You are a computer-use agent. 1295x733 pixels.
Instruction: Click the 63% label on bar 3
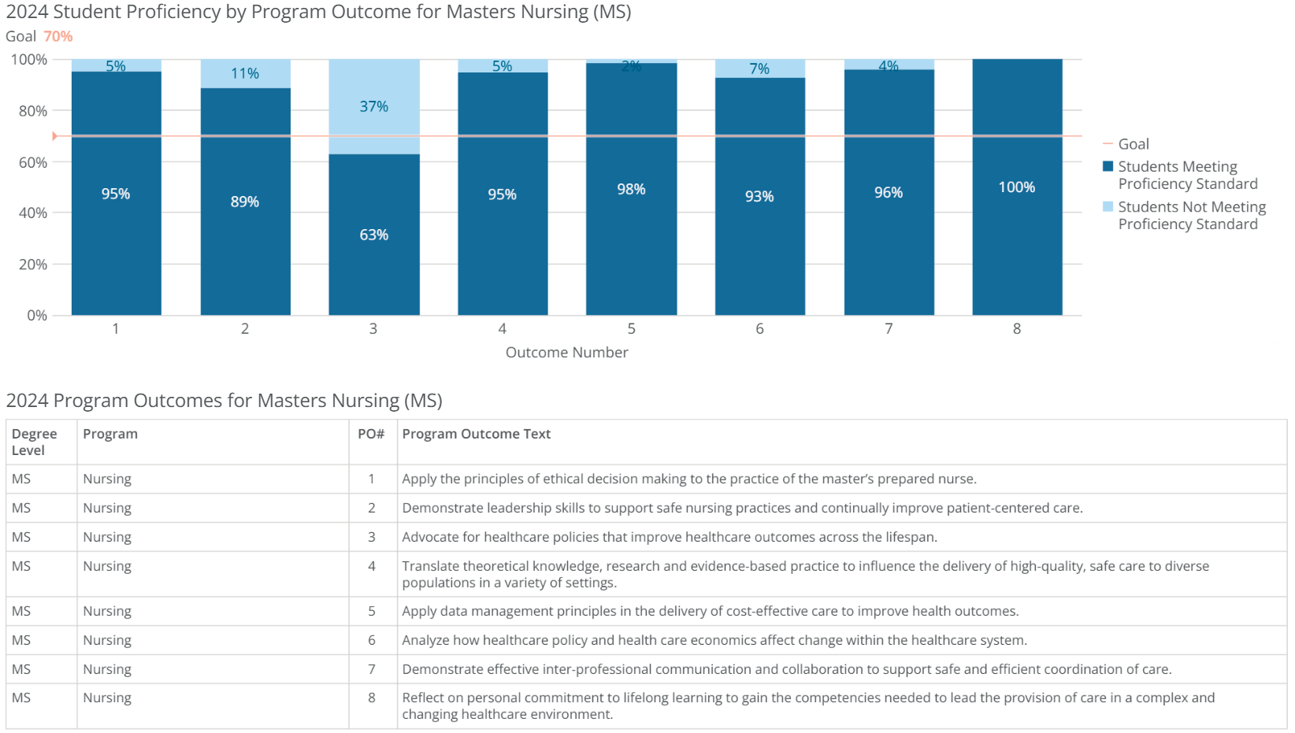[x=373, y=235]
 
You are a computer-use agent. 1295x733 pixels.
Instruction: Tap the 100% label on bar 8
[x=1016, y=187]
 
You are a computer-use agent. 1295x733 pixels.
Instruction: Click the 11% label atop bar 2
[x=244, y=73]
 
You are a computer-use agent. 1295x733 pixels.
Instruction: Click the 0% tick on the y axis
[x=37, y=316]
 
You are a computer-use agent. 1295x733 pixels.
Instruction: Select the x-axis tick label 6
[x=759, y=328]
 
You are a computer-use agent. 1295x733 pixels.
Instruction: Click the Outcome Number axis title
[x=566, y=353]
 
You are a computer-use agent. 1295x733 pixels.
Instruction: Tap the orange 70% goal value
[x=58, y=36]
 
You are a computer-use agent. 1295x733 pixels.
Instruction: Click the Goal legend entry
[x=1133, y=144]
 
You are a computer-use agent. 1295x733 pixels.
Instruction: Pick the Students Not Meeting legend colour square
[x=1108, y=207]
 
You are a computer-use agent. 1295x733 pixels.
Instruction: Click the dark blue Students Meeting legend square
[x=1108, y=166]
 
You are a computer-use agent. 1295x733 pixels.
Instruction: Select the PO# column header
[x=371, y=434]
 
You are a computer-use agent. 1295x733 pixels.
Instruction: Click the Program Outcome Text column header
[x=476, y=434]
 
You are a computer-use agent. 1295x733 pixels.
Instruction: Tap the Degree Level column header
[x=34, y=442]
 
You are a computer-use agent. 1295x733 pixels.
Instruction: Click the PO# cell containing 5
[x=372, y=611]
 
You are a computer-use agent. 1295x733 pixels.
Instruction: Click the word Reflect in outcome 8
[x=422, y=698]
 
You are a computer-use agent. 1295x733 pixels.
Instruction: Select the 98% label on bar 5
[x=631, y=189]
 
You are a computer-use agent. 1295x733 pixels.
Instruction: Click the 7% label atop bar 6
[x=759, y=68]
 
